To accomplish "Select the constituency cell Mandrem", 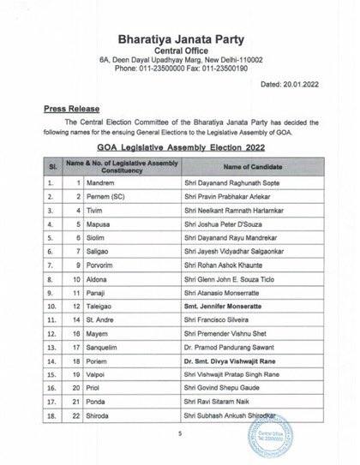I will (x=102, y=183).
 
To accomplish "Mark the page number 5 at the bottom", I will (x=180, y=435).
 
